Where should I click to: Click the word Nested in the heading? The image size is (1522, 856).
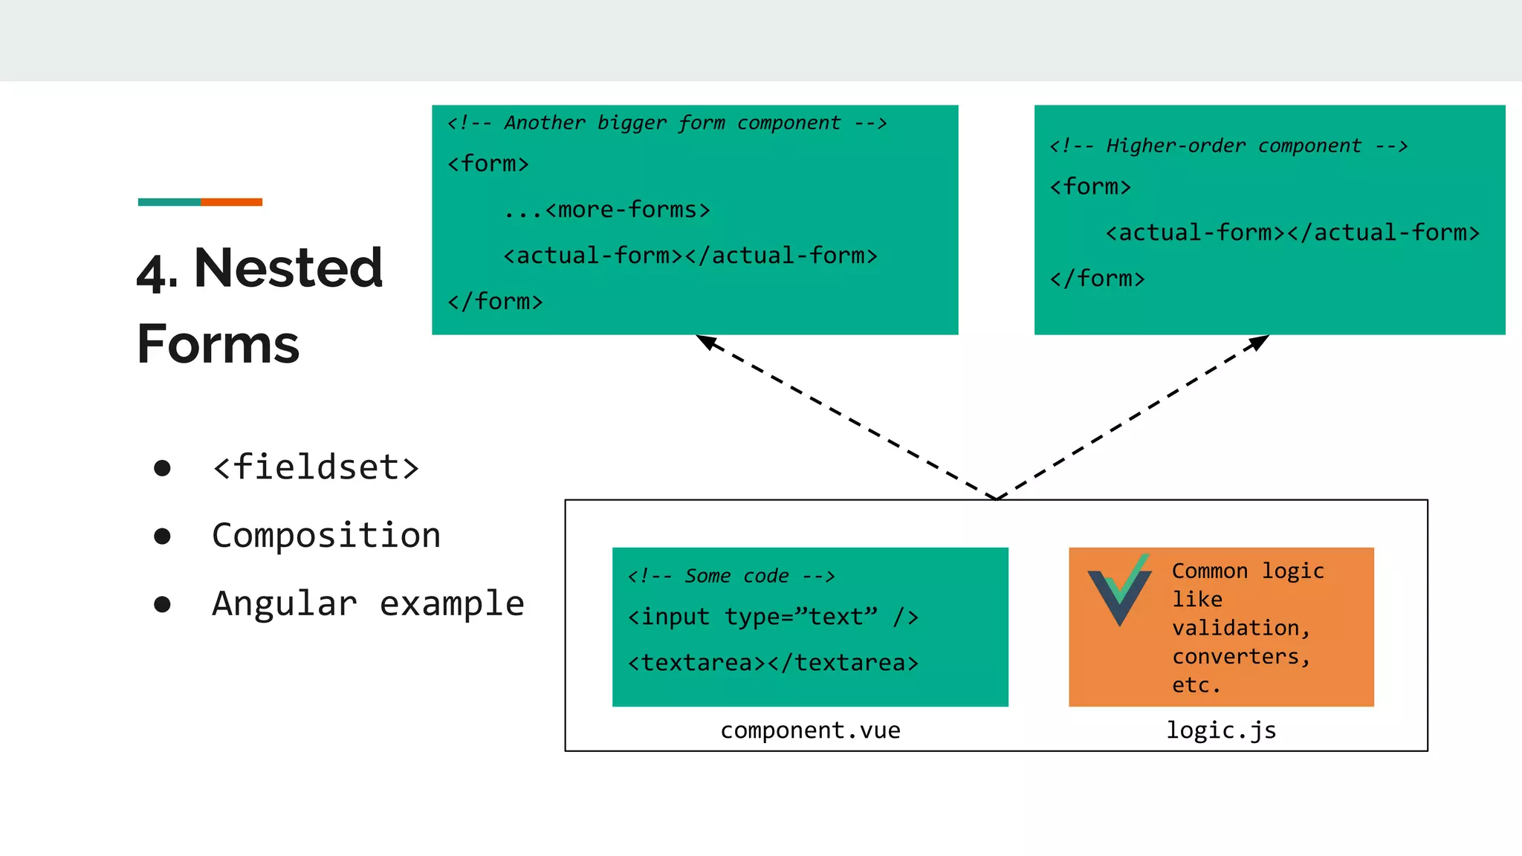[x=288, y=268]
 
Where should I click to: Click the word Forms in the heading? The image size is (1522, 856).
[x=218, y=344]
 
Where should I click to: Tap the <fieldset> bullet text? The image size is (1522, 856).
[x=316, y=467]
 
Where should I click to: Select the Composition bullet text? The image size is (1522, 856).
[x=326, y=536]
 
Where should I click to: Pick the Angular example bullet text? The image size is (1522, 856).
[x=368, y=603]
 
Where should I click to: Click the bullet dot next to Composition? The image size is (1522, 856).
[x=162, y=536]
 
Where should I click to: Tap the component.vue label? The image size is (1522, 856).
[x=810, y=730]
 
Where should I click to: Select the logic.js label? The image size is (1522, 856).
[x=1221, y=730]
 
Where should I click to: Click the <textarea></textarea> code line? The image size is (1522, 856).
[x=773, y=662]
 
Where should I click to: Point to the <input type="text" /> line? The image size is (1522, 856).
[x=773, y=617]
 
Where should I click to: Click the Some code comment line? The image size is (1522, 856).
[x=731, y=576]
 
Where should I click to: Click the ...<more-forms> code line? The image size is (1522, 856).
[x=606, y=210]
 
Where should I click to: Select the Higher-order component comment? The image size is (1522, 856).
[x=1228, y=146]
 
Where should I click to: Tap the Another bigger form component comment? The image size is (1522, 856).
[x=667, y=123]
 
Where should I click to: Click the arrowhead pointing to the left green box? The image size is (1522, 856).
[x=705, y=341]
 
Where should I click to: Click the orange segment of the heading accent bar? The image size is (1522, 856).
[x=231, y=202]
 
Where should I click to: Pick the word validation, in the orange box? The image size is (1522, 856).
[x=1240, y=628]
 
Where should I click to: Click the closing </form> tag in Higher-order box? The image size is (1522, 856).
[x=1097, y=279]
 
